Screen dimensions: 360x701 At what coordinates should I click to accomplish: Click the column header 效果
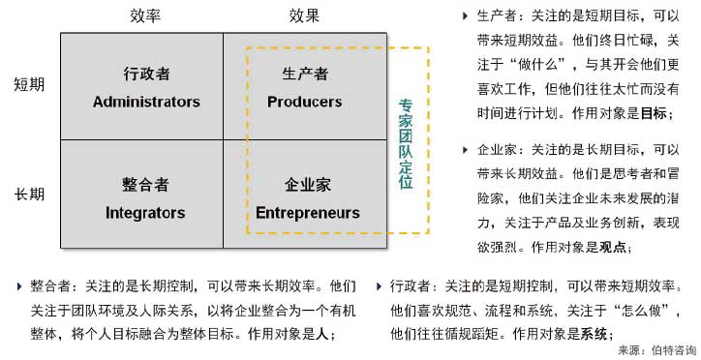[x=304, y=16]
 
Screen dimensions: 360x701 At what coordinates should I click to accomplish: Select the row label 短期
[x=29, y=85]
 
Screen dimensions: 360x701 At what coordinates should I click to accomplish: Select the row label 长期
[x=29, y=195]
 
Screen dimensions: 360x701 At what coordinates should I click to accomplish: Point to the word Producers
[x=305, y=102]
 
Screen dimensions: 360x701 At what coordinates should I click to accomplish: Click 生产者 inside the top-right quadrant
[x=305, y=74]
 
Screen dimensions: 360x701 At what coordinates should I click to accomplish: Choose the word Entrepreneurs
[x=308, y=212]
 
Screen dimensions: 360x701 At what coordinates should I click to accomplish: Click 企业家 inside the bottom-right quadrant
[x=308, y=184]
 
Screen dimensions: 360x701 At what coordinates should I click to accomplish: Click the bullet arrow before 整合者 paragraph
[x=18, y=286]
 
